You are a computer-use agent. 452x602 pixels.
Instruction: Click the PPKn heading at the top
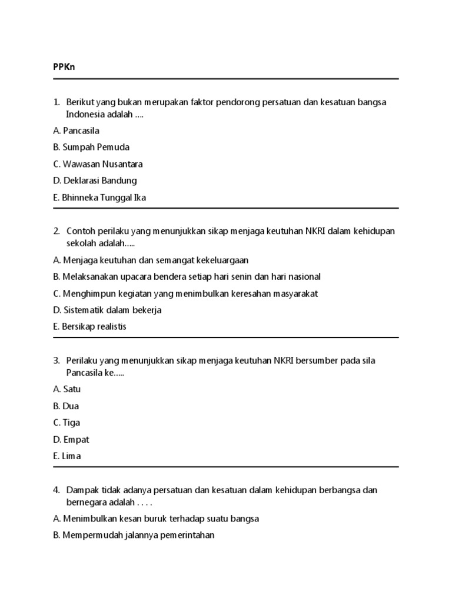point(64,68)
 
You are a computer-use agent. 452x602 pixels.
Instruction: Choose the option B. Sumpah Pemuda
point(91,147)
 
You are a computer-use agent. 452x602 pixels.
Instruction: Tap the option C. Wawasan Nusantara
point(98,164)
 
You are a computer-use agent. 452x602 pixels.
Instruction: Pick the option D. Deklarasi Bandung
point(94,180)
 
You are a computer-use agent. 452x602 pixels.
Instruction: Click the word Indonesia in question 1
point(85,115)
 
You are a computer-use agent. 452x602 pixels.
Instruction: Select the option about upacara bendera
point(187,276)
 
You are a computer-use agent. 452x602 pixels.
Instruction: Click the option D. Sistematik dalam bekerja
point(107,310)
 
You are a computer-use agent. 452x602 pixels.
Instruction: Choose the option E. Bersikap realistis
point(89,326)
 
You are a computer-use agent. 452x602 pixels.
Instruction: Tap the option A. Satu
point(67,389)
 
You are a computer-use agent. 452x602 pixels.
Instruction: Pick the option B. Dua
point(65,406)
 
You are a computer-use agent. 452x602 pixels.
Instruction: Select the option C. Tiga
point(66,423)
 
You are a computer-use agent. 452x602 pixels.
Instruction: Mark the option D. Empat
point(71,439)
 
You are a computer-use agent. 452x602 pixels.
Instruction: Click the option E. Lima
point(67,456)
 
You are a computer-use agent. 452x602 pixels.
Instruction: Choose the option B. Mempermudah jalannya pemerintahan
point(134,536)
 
